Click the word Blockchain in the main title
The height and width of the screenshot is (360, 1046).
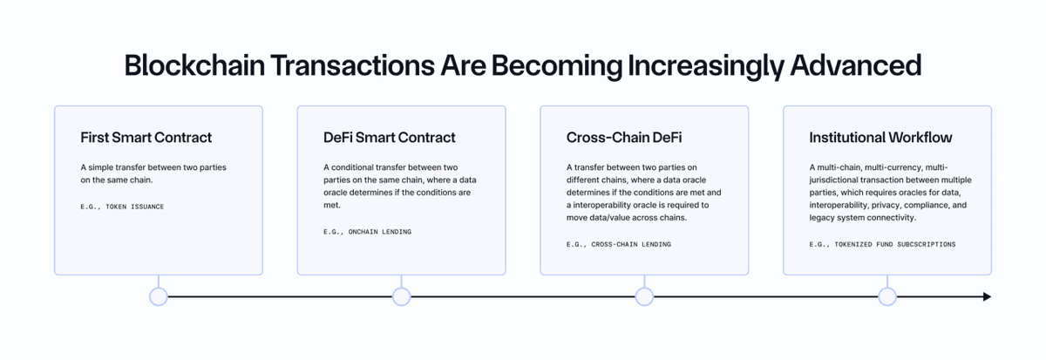[x=194, y=65]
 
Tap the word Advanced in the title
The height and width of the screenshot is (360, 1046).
[x=856, y=65]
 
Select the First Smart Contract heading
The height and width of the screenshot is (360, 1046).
[x=146, y=137]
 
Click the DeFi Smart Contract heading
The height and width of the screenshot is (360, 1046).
[x=389, y=137]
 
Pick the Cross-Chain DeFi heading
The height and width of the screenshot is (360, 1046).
[x=624, y=137]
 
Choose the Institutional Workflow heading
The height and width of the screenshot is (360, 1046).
[x=880, y=137]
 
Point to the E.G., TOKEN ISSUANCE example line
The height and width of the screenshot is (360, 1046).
[x=122, y=207]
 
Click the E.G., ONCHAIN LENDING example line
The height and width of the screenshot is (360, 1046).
[x=367, y=232]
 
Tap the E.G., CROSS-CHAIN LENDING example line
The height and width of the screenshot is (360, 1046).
[x=618, y=245]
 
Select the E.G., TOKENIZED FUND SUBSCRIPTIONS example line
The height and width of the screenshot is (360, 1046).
[x=882, y=245]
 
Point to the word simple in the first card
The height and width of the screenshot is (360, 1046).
[x=100, y=167]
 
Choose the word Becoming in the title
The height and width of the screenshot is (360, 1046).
[x=556, y=66]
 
